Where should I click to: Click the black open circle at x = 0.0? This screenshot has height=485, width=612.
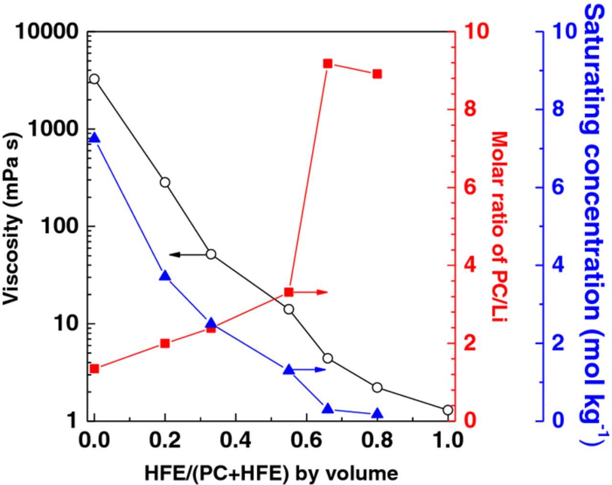tap(94, 79)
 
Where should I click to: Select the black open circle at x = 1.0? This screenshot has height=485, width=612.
tap(448, 410)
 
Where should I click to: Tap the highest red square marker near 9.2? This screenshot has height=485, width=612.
tap(328, 64)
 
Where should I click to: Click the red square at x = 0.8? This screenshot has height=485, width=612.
tap(377, 74)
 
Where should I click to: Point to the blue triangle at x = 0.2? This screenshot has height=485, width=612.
tap(165, 276)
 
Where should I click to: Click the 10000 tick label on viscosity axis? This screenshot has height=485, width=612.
tap(47, 32)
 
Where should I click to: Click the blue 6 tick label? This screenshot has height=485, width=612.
tap(558, 187)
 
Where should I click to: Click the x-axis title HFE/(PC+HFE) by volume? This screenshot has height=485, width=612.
tap(271, 473)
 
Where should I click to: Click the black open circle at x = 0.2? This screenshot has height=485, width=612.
tap(165, 183)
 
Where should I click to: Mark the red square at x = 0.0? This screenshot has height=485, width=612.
tap(94, 368)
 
